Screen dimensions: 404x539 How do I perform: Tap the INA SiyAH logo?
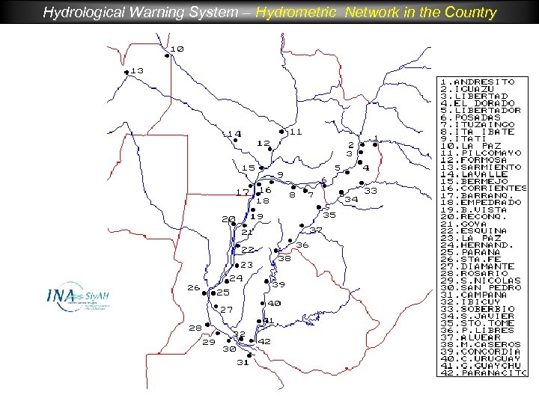(74, 299)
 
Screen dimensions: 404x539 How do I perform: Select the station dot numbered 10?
(166, 55)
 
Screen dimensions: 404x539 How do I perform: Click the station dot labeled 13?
(126, 72)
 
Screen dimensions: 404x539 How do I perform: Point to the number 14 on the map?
(234, 134)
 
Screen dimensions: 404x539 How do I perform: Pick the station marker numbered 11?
(281, 132)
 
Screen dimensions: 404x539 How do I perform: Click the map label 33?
(371, 191)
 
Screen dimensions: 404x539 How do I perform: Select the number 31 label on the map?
(242, 362)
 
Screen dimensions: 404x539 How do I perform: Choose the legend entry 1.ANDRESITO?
(478, 82)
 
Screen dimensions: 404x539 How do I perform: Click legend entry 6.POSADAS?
(471, 117)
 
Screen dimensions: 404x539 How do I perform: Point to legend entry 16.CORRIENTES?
(484, 188)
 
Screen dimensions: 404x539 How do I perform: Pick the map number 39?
(278, 284)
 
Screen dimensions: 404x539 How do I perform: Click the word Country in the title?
(469, 12)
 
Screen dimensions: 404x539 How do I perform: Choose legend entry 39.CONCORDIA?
(480, 352)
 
